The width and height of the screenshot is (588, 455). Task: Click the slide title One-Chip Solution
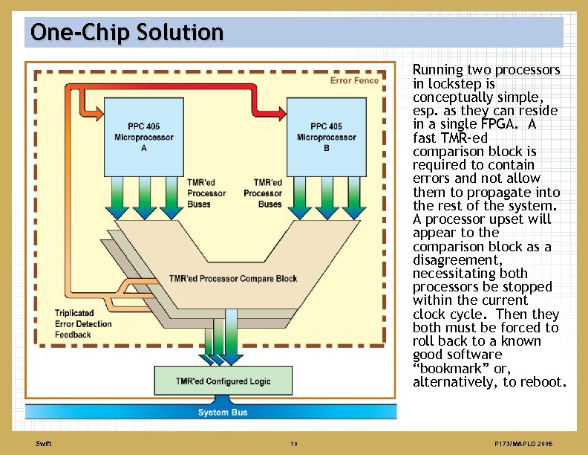tap(127, 33)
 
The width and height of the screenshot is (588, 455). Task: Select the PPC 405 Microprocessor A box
tap(143, 138)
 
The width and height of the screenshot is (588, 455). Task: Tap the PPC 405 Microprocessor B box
tap(326, 138)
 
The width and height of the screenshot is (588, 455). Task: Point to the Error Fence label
tap(354, 80)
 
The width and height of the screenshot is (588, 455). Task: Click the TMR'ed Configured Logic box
tap(223, 381)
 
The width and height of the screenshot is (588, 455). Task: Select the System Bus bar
tap(223, 412)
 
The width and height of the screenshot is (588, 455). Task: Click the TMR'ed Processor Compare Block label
tap(233, 279)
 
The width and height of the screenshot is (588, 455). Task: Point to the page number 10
tap(294, 444)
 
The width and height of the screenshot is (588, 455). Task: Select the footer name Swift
tap(43, 444)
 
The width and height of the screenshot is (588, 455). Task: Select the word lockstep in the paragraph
tap(446, 83)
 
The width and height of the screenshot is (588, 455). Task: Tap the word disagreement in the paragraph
tap(457, 260)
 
